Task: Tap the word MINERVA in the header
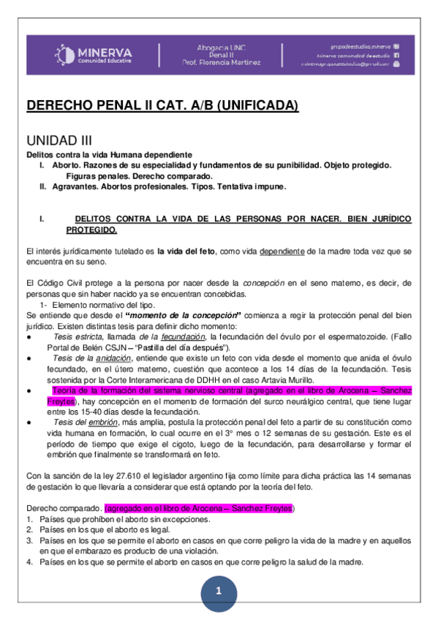[105, 51]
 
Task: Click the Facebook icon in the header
[396, 55]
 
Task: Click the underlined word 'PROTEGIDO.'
[91, 230]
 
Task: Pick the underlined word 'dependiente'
[282, 252]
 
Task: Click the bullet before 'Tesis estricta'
[28, 336]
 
